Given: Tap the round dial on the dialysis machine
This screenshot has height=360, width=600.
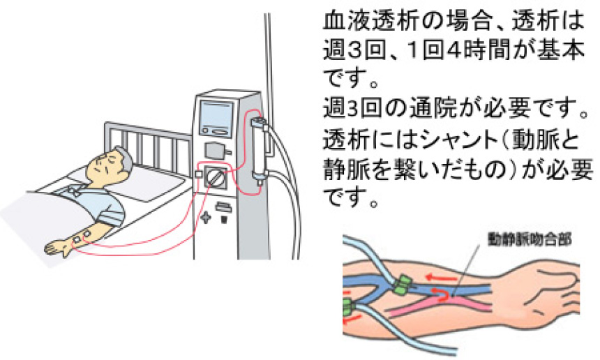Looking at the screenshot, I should tap(217, 177).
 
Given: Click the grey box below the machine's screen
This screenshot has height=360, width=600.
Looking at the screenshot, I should tap(215, 149).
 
